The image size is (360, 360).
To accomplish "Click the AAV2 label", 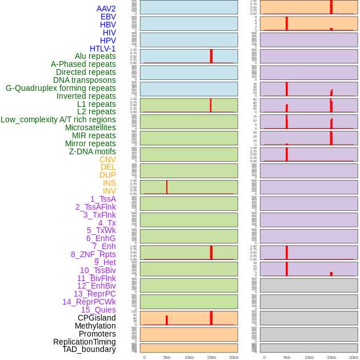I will [106, 9].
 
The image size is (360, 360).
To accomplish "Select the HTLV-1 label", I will [102, 49].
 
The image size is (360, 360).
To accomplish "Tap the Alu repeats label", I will [95, 56].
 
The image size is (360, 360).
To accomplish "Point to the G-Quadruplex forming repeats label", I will [61, 88].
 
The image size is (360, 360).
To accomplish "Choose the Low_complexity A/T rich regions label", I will [58, 119].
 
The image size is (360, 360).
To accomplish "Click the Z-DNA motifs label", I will [92, 151].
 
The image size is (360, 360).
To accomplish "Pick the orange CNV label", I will [107, 159].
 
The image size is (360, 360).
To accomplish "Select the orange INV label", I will [109, 191].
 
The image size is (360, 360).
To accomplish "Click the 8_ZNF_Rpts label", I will [93, 254].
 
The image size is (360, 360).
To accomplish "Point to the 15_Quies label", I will [98, 310].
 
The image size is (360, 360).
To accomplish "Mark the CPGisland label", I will [97, 318].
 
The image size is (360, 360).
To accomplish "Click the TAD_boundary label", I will [89, 349].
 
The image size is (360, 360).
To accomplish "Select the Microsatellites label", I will [90, 127].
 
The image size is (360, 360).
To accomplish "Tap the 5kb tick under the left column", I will [167, 357].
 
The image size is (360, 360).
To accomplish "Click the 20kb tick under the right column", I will [354, 357].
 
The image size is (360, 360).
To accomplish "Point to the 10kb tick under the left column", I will [189, 357].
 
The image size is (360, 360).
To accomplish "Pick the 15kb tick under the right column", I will [331, 357].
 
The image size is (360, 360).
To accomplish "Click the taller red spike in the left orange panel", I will [211, 318].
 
